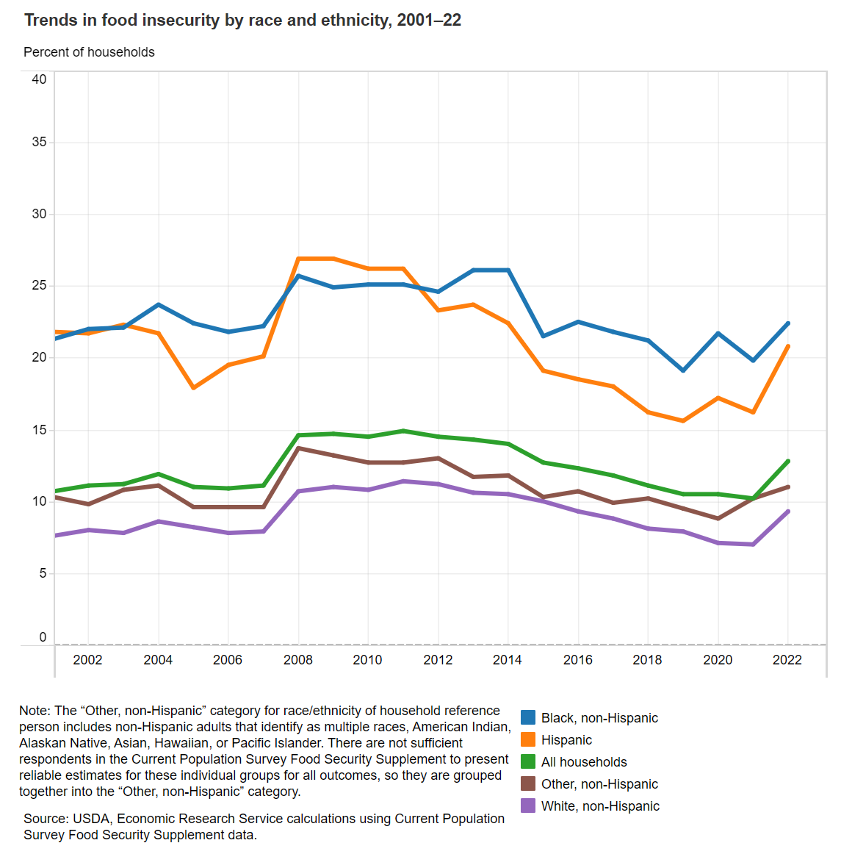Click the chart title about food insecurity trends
coord(242,20)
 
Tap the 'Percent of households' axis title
coord(89,52)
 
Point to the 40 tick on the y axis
coord(39,79)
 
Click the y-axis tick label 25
coord(39,285)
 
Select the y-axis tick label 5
coord(43,573)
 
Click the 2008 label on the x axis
coord(297,660)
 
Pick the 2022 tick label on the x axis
coord(787,660)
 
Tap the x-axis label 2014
coord(508,660)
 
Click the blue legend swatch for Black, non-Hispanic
coord(528,718)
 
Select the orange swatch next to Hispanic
coord(528,740)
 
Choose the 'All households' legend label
coord(584,762)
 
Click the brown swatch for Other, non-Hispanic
coord(528,784)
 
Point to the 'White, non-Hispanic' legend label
coord(600,806)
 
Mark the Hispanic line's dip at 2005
coord(193,387)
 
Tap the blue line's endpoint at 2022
coord(787,323)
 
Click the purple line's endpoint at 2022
coord(787,512)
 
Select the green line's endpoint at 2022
coord(787,462)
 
